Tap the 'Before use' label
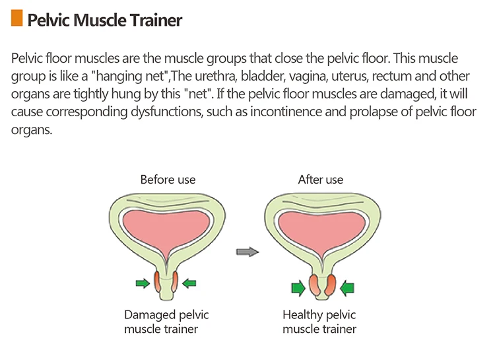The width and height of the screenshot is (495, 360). click(x=168, y=180)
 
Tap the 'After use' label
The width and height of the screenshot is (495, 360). click(x=321, y=180)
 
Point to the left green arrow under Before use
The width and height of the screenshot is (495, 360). click(x=143, y=283)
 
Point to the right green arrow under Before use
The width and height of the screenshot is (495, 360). click(x=189, y=283)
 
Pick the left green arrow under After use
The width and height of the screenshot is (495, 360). click(x=298, y=287)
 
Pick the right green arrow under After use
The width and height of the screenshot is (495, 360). click(x=347, y=287)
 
